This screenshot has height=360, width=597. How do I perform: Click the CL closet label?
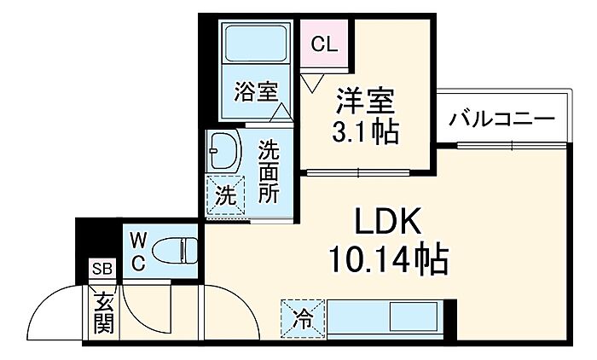324,44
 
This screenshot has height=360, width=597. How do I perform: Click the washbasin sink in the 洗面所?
223,151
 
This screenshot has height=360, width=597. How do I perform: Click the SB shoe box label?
102,269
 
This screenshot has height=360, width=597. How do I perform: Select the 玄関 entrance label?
103,313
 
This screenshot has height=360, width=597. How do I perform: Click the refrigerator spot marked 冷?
304,319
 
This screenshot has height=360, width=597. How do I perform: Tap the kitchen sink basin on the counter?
413,317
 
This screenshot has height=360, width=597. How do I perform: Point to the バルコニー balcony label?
501,119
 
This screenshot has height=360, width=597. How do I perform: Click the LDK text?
387,221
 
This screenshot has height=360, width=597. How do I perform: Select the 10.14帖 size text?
388,259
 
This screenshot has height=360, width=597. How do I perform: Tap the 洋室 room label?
365,101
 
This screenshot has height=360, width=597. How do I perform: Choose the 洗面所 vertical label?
269,171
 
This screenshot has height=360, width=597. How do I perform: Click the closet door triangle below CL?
312,83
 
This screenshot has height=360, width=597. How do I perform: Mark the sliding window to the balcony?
512,145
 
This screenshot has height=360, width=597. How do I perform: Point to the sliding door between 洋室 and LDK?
358,172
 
